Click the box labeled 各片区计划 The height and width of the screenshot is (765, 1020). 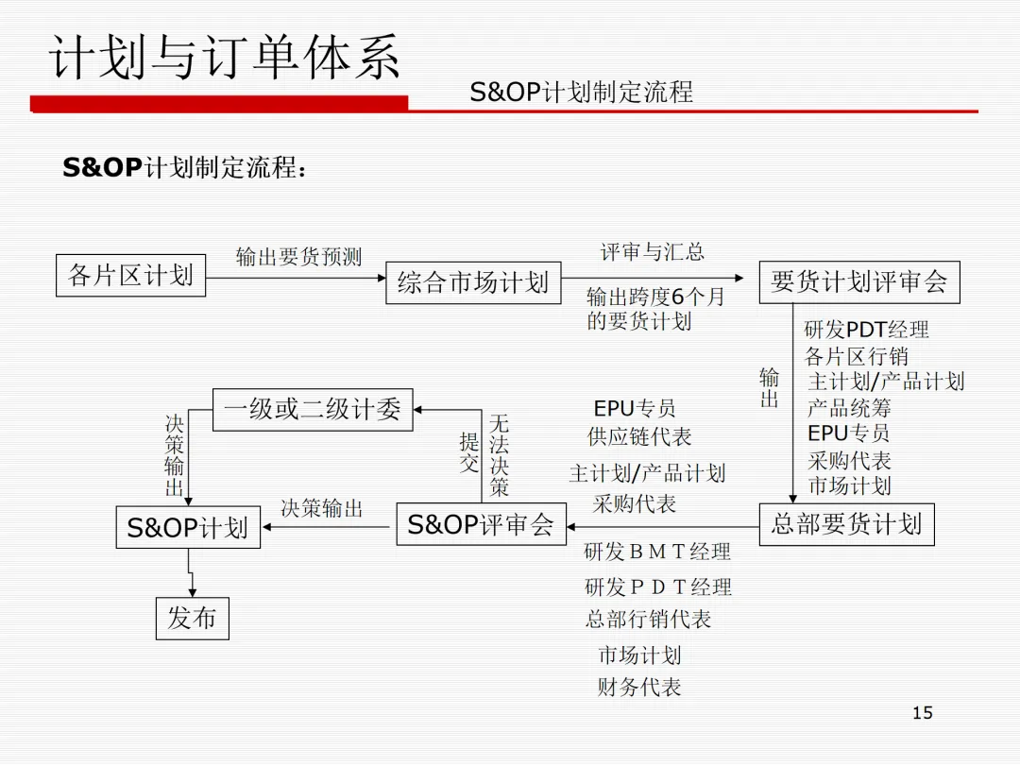coord(130,276)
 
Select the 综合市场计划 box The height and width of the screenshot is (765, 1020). coord(473,281)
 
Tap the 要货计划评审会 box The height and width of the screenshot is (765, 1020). coord(858,281)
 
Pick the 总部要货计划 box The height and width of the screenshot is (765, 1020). coord(846,524)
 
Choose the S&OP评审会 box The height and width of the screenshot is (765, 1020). coord(481,524)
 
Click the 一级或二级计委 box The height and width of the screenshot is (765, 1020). coord(313,409)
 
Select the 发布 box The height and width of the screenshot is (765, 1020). coord(192,619)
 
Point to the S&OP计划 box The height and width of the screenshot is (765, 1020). coord(188,527)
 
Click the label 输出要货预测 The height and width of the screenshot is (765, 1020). coord(298,257)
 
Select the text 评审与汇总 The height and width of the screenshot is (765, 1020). coord(653,252)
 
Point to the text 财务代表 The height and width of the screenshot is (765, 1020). coord(638,687)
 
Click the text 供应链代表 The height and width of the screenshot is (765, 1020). coord(639,436)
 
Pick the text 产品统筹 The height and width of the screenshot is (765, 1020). coord(849,408)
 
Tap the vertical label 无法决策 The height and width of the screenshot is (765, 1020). coord(500,456)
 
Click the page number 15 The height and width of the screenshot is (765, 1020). coord(923,712)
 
